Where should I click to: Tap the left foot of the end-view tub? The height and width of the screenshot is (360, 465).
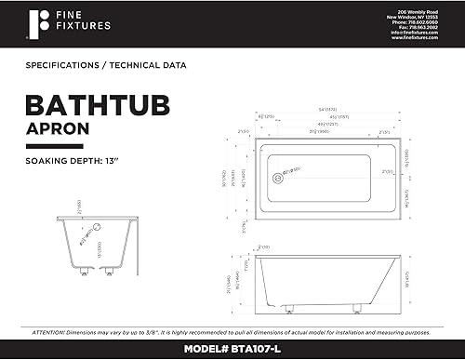click(x=86, y=273)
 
